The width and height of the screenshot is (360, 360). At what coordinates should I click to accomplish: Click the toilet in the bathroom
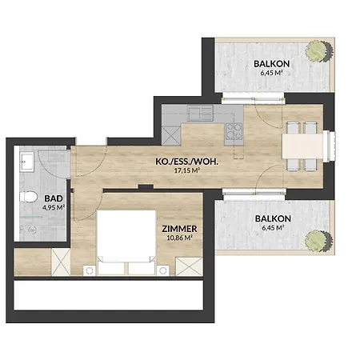(30, 198)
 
